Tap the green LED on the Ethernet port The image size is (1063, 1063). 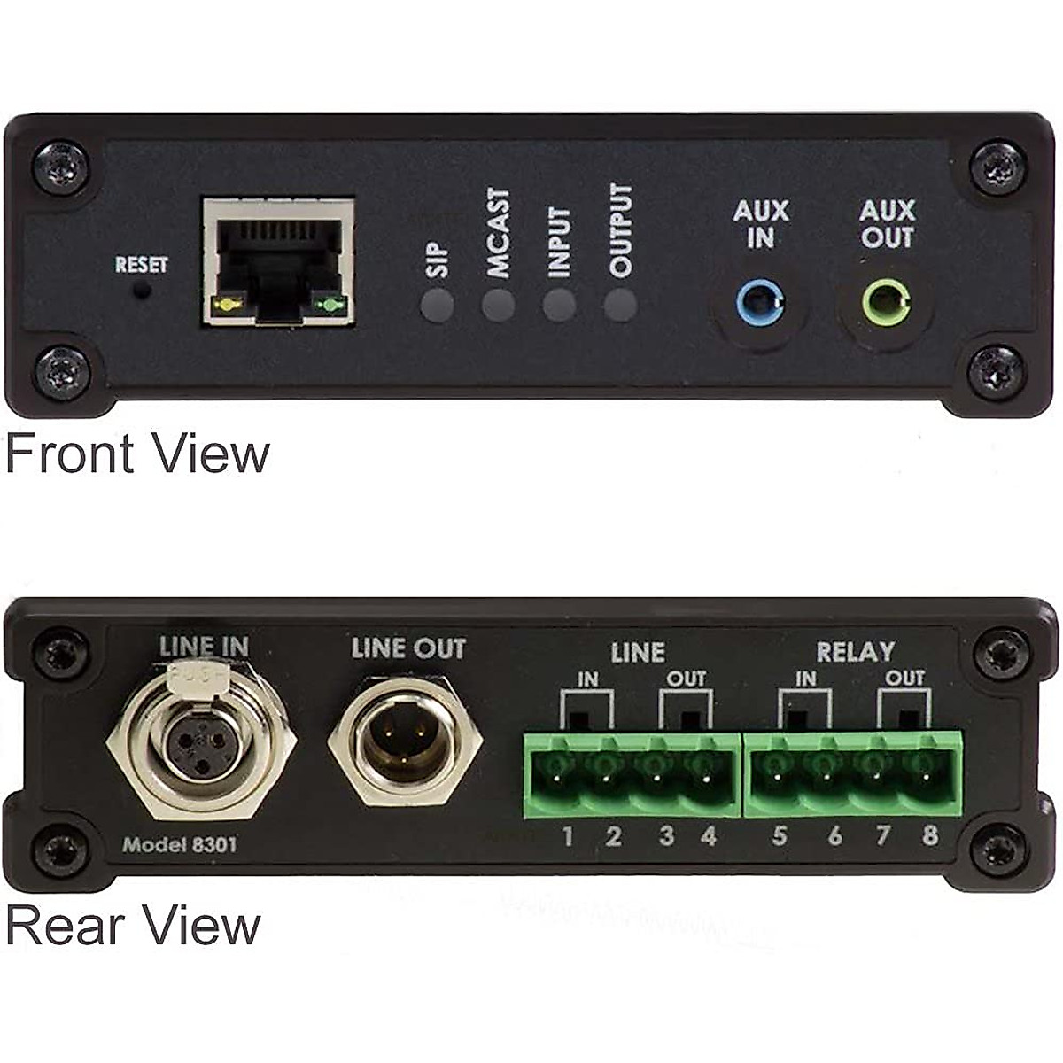[x=330, y=306]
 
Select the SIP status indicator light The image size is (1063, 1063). [x=437, y=306]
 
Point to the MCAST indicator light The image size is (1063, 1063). [x=498, y=306]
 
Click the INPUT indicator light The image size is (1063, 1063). [x=559, y=306]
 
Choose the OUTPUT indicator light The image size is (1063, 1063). [x=620, y=306]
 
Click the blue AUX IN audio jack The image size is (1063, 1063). [x=760, y=305]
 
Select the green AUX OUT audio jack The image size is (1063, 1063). [x=886, y=305]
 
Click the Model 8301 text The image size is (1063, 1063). [x=180, y=844]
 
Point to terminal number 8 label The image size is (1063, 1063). [x=929, y=835]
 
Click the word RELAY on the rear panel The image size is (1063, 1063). [x=855, y=652]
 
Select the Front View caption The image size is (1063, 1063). [x=137, y=454]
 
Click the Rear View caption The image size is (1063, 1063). [x=133, y=926]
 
